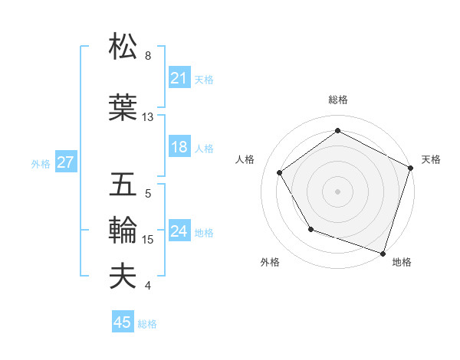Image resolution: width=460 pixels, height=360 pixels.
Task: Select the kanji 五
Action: pos(123,185)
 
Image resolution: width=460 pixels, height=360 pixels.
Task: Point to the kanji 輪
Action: pos(123,230)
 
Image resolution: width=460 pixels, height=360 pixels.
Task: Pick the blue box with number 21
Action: pos(179,78)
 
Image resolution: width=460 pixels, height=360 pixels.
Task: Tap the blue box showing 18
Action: pos(179,148)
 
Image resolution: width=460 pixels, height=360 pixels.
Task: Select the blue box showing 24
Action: pos(179,231)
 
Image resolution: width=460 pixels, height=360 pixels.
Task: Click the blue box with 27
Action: pos(65,162)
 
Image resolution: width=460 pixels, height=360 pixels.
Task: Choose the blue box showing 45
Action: pos(123,322)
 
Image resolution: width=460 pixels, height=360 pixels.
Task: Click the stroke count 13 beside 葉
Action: pos(148,117)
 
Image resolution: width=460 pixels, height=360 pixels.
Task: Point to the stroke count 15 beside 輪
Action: pos(148,240)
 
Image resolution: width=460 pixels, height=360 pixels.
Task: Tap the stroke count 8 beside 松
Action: pos(148,56)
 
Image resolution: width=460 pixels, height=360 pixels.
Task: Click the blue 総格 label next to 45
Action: pos(147,324)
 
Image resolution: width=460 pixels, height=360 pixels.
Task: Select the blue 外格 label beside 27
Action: pos(41,163)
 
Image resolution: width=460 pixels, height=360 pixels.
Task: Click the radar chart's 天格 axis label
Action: pos(431,159)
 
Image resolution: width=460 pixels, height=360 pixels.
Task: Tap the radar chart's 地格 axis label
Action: pos(402,263)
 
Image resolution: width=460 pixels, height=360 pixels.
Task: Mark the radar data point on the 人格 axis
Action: pos(280,173)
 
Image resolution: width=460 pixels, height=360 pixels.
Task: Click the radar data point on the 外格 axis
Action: pos(310,229)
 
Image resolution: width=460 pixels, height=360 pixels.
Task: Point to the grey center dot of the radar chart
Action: pos(337,191)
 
